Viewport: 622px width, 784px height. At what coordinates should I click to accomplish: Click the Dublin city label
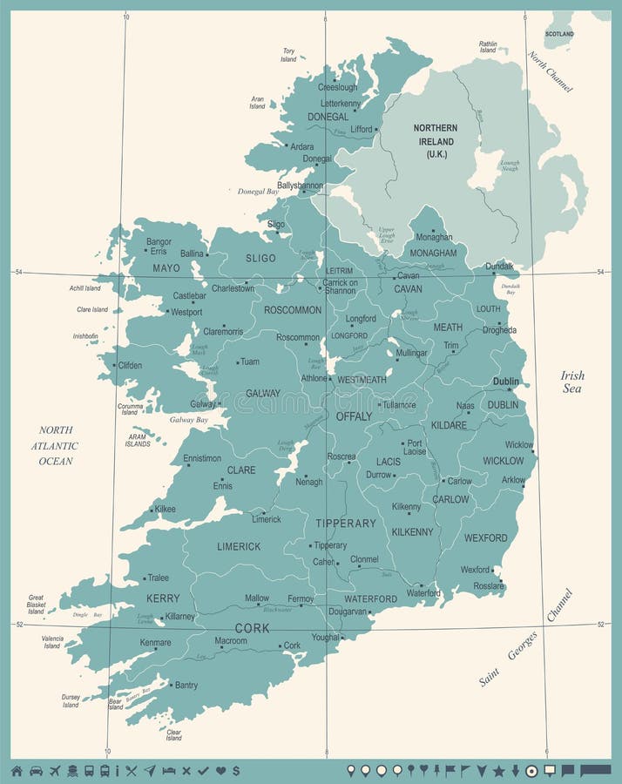505,382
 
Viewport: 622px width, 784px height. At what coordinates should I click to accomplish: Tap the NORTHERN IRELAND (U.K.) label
436,140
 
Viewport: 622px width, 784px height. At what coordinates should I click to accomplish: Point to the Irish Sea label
572,382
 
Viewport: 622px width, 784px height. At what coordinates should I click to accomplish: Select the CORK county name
252,627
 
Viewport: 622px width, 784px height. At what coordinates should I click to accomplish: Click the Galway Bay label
189,420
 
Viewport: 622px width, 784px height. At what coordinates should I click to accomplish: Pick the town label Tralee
158,578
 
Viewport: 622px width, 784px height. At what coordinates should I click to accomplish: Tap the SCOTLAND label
559,34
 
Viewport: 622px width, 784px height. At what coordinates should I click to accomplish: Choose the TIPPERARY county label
346,524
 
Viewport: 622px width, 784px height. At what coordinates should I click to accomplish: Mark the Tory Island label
288,55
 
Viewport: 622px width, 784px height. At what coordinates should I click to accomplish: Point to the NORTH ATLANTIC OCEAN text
57,445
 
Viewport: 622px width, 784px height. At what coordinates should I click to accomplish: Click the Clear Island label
174,734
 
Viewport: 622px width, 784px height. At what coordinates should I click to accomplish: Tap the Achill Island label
85,288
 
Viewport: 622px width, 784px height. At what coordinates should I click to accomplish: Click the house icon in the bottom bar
16,770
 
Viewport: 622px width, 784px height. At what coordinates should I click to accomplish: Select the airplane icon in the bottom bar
57,770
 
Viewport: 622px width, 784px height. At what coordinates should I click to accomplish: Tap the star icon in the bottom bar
498,770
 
